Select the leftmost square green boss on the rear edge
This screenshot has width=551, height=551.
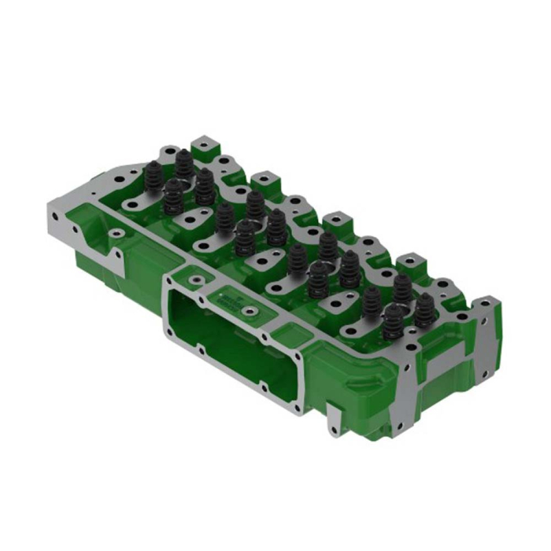[205, 146]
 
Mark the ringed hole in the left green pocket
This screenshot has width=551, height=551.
[116, 234]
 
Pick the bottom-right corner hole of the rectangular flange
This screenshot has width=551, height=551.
[297, 409]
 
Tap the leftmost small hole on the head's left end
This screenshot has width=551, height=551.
[76, 229]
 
